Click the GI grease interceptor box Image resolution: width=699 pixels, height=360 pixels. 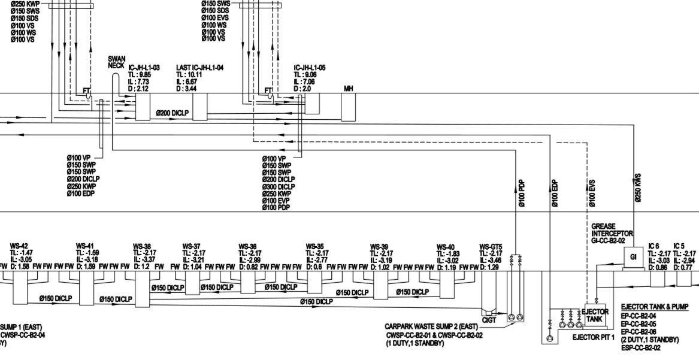pyautogui.click(x=633, y=256)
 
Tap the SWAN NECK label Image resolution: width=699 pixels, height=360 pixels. pyautogui.click(x=117, y=62)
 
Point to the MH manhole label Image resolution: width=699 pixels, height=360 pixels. pyautogui.click(x=348, y=89)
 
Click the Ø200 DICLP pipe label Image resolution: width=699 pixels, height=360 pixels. pyautogui.click(x=173, y=113)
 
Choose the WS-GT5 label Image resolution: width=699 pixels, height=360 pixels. pyautogui.click(x=491, y=246)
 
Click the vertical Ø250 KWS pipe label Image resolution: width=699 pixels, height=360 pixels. pyautogui.click(x=638, y=187)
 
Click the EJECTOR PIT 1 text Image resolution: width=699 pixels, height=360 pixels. pyautogui.click(x=594, y=338)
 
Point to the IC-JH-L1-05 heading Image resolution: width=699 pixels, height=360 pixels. pyautogui.click(x=310, y=68)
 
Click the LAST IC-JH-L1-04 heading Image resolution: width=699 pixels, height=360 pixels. pyautogui.click(x=199, y=68)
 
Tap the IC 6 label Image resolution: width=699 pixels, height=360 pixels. pyautogui.click(x=654, y=246)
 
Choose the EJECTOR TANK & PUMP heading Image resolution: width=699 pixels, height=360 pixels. pyautogui.click(x=655, y=307)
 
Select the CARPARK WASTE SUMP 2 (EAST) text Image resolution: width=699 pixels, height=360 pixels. pyautogui.click(x=431, y=327)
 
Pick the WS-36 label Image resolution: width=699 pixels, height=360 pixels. pyautogui.click(x=247, y=246)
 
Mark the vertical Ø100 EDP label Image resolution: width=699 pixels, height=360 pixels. pyautogui.click(x=555, y=193)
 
